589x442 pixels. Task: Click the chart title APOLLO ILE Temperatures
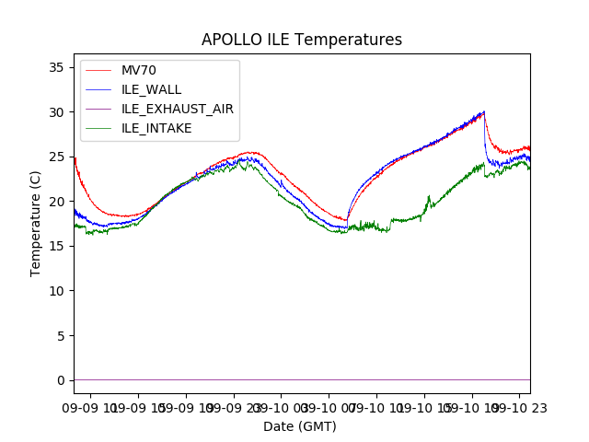click(x=302, y=41)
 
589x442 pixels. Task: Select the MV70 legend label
click(x=140, y=70)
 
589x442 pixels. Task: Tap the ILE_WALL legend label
click(x=151, y=89)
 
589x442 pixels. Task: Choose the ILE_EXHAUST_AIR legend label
click(x=177, y=109)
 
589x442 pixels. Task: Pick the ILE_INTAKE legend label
click(x=156, y=128)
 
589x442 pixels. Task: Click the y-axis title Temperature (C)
click(x=36, y=223)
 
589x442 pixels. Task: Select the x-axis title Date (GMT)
click(x=300, y=426)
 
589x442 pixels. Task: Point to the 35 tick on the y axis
click(x=57, y=67)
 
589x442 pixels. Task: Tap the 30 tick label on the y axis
click(x=57, y=112)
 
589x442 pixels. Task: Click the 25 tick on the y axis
click(x=57, y=157)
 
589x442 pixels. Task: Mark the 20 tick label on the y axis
click(x=57, y=202)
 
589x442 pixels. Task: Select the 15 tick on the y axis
click(x=57, y=246)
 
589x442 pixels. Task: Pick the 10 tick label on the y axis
click(x=57, y=291)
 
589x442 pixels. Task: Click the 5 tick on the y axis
click(x=61, y=335)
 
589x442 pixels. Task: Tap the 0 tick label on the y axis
click(x=61, y=380)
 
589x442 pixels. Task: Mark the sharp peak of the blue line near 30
click(x=484, y=111)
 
